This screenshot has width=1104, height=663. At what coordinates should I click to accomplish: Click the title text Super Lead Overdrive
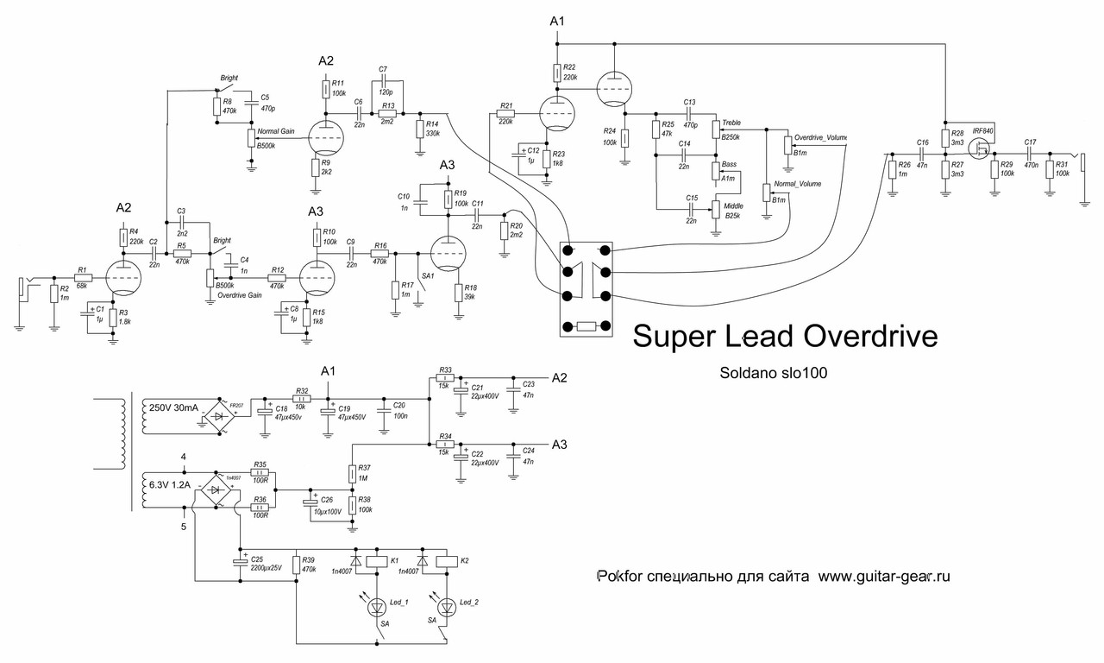pyautogui.click(x=785, y=337)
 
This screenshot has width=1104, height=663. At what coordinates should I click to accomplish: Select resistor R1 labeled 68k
pyautogui.click(x=83, y=277)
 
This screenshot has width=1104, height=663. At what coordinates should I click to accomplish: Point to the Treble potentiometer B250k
pyautogui.click(x=715, y=129)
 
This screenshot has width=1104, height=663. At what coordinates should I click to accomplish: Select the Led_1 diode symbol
pyautogui.click(x=378, y=608)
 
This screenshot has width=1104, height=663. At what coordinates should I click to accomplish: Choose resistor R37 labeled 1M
pyautogui.click(x=352, y=474)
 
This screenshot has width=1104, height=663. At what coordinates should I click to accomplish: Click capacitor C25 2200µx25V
pyautogui.click(x=241, y=563)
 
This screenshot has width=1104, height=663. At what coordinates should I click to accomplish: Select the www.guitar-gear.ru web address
pyautogui.click(x=883, y=577)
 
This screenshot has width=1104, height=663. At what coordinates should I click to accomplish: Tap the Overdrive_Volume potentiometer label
pyautogui.click(x=819, y=137)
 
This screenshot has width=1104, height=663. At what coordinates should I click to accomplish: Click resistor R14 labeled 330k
pyautogui.click(x=419, y=129)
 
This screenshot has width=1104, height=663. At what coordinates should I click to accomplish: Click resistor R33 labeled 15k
pyautogui.click(x=445, y=378)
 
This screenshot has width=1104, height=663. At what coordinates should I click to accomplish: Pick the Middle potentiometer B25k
pyautogui.click(x=715, y=210)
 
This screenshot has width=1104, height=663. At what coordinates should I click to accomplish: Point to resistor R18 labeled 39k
pyautogui.click(x=458, y=292)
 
